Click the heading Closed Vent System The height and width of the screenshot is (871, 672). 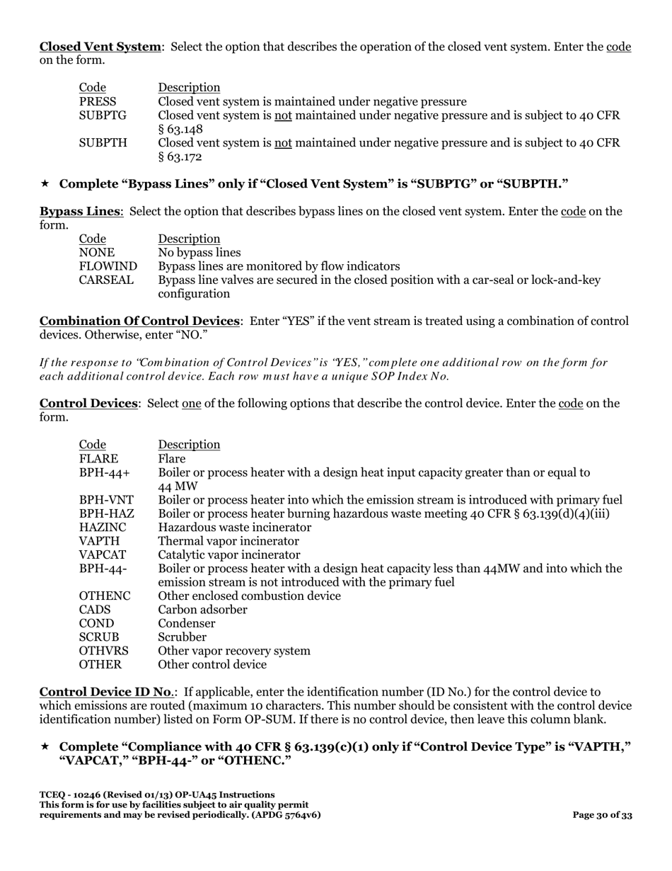pos(100,47)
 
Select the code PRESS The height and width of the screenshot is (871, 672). pos(98,101)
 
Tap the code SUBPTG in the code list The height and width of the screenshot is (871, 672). pos(103,115)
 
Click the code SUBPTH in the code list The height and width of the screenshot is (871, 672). pos(103,142)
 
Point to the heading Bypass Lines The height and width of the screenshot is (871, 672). pos(80,211)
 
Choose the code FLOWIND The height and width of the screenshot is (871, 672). pos(108,266)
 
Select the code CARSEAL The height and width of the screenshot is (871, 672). pos(106,280)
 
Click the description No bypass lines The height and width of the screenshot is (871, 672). pos(199,253)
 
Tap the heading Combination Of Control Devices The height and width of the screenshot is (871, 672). pos(139,321)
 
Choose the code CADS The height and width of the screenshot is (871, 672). pos(95,610)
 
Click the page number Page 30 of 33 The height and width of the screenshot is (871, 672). pos(602,815)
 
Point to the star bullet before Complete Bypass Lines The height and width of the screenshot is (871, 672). pos(45,184)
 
